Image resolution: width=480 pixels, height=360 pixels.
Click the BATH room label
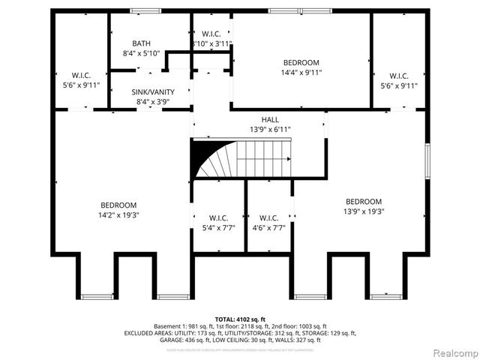(142, 43)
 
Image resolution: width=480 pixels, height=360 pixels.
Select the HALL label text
(270, 120)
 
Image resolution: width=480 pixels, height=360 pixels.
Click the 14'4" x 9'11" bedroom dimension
(301, 73)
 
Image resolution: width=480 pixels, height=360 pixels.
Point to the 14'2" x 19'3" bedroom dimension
(118, 215)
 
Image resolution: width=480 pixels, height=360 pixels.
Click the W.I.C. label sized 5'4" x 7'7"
(218, 217)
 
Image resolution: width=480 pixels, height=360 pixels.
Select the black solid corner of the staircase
(202, 154)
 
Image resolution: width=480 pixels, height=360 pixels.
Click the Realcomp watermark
(452, 352)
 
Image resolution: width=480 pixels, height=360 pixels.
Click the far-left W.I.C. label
(81, 75)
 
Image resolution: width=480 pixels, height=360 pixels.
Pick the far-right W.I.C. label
(399, 75)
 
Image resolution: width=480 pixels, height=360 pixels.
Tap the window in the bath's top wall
(140, 11)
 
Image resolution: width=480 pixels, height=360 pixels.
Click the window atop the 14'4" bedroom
(300, 11)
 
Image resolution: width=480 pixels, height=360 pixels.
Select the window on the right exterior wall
(427, 159)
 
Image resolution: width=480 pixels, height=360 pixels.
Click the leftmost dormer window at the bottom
(97, 297)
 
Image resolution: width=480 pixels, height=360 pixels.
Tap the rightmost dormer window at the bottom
(387, 297)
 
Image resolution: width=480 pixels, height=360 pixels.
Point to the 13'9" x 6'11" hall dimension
(270, 130)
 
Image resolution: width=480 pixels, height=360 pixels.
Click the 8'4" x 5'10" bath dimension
(142, 53)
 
